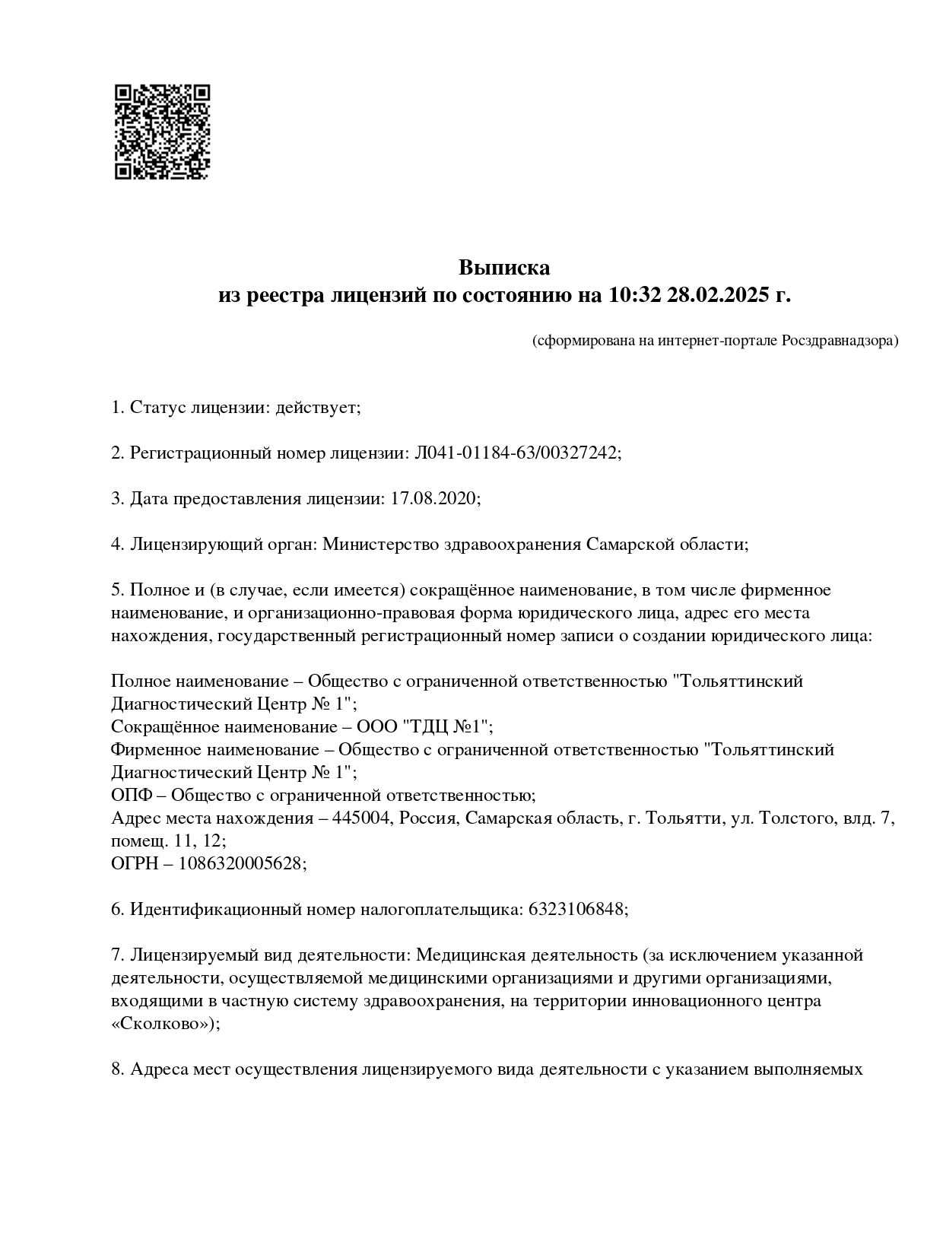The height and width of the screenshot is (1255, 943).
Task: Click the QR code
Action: point(161,132)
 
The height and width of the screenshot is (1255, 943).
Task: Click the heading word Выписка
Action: point(503,268)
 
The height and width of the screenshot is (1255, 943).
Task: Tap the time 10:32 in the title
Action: point(632,294)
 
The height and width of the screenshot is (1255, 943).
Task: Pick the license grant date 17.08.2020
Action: point(433,499)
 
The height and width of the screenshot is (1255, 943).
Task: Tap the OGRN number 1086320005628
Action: point(240,864)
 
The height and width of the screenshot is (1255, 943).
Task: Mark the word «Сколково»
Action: point(161,1024)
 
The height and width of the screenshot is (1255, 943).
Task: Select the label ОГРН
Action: point(136,864)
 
